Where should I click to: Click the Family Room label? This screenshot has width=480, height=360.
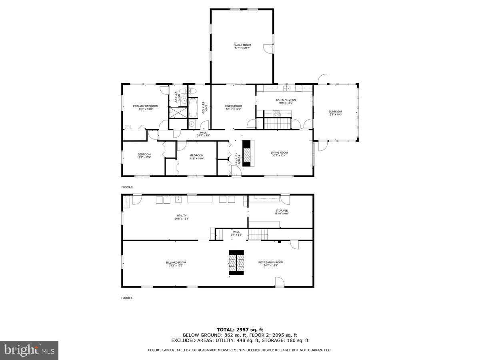(x=242, y=46)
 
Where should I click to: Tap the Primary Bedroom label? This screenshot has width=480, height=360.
(x=145, y=108)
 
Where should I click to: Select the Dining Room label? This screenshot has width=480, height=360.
(x=233, y=108)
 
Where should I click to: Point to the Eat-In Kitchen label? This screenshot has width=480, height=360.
(x=286, y=101)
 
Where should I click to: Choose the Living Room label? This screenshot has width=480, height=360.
(x=279, y=154)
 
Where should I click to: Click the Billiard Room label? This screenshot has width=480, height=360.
(x=176, y=264)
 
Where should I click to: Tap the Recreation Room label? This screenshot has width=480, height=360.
(x=270, y=264)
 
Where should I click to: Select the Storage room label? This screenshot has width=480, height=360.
(x=281, y=212)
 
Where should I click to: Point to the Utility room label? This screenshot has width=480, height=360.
(x=182, y=217)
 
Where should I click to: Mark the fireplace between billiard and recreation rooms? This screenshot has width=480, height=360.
(x=236, y=263)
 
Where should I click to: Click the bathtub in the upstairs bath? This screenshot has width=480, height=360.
(x=192, y=108)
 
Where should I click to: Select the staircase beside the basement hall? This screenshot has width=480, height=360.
(x=258, y=234)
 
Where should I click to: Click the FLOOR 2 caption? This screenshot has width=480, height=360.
(x=127, y=187)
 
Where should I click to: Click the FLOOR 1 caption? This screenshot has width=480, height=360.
(x=127, y=298)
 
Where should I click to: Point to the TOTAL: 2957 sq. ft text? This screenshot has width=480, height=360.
(x=240, y=330)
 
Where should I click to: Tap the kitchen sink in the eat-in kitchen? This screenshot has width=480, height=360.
(x=287, y=88)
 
